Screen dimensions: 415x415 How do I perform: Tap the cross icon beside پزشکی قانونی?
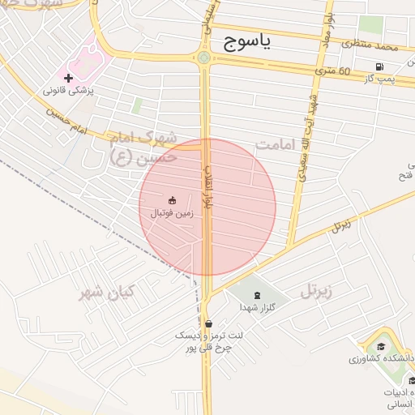tap(68, 79)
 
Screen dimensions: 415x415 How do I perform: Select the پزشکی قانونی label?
tap(69, 92)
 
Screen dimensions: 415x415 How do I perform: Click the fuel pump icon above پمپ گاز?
tap(379, 66)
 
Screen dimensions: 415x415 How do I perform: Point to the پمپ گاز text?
tap(379, 78)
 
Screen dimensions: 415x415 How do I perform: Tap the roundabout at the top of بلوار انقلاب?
tap(203, 58)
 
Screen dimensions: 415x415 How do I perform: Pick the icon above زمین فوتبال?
tap(172, 200)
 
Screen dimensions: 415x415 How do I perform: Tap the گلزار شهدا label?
tap(257, 308)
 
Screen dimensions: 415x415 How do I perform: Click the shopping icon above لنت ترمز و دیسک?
tap(209, 323)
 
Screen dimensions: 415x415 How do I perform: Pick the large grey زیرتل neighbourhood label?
tap(318, 289)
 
